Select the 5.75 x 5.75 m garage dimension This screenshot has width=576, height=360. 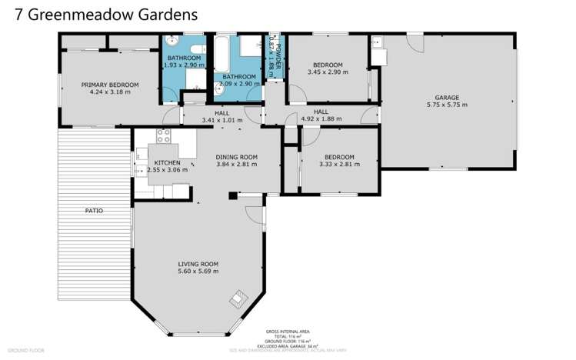[x=447, y=105]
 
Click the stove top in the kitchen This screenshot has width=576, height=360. [x=163, y=135]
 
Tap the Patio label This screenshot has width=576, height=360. [x=94, y=210]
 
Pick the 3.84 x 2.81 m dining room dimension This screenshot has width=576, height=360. [x=236, y=164]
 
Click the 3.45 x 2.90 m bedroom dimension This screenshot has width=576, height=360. [x=327, y=72]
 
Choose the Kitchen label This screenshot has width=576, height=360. [x=168, y=162]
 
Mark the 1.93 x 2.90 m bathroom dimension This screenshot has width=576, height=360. [x=185, y=65]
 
